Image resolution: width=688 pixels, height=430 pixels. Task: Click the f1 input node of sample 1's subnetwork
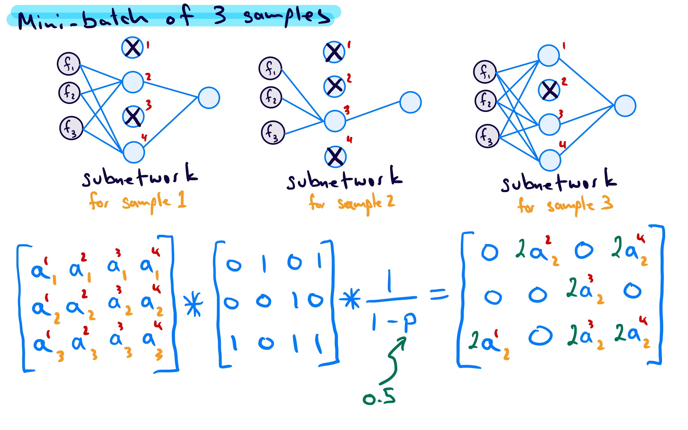pyautogui.click(x=68, y=64)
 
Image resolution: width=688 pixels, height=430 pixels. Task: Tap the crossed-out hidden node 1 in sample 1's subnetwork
pyautogui.click(x=132, y=48)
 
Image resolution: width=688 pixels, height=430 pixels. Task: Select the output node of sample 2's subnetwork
pyautogui.click(x=410, y=102)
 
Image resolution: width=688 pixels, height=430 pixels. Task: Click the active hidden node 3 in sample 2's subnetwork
pyautogui.click(x=335, y=121)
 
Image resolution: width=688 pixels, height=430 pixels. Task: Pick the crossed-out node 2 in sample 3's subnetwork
pyautogui.click(x=549, y=90)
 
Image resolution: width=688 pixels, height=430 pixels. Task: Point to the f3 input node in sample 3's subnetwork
pyautogui.click(x=487, y=136)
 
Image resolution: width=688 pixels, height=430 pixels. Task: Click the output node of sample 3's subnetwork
pyautogui.click(x=625, y=106)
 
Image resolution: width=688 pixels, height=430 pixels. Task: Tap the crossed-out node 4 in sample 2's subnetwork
pyautogui.click(x=335, y=157)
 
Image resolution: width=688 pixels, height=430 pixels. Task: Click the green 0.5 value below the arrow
pyautogui.click(x=379, y=397)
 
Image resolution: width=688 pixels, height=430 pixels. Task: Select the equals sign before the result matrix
pyautogui.click(x=439, y=295)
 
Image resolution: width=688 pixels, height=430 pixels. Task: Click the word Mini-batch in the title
pyautogui.click(x=82, y=19)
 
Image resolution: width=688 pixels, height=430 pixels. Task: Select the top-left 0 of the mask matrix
pyautogui.click(x=234, y=265)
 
